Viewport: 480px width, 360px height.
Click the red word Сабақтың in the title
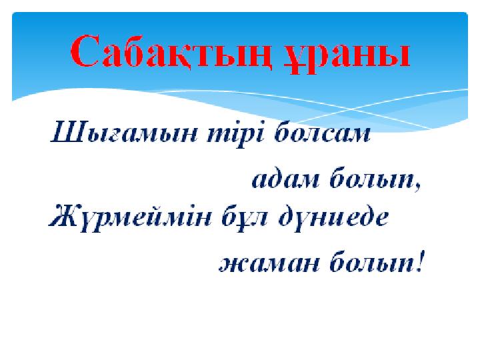[x=171, y=52]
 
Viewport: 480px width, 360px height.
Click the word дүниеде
[x=333, y=217]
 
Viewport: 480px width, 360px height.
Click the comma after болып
[x=418, y=187]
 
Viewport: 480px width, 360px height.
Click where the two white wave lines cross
[x=352, y=109]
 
